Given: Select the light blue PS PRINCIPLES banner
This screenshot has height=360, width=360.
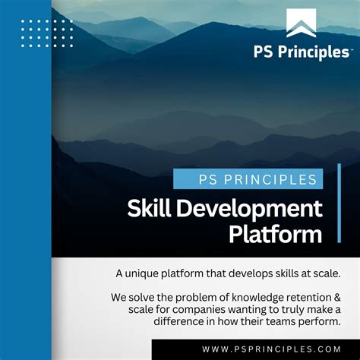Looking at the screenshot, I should point(248,179).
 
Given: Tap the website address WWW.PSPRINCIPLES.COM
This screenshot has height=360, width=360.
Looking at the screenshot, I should point(271,349).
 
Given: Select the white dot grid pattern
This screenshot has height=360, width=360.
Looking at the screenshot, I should point(46,33).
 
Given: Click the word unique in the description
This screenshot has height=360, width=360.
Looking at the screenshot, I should point(144,273).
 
